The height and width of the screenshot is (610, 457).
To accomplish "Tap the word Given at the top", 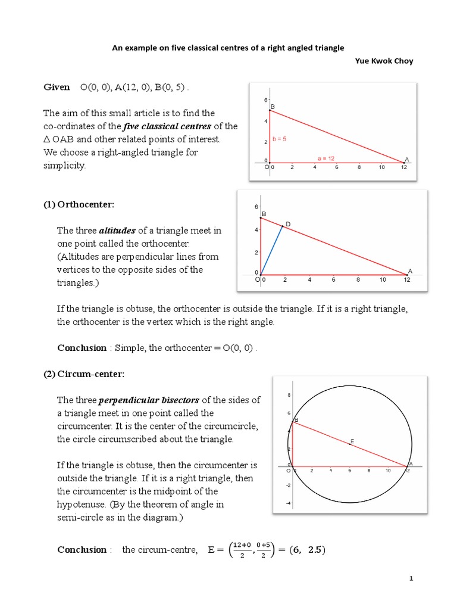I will tap(57, 88).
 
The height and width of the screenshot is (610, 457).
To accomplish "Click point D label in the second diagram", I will tap(288, 224).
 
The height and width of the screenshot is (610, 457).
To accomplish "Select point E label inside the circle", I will tap(352, 441).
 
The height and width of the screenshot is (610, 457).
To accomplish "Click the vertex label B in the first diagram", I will tap(273, 107).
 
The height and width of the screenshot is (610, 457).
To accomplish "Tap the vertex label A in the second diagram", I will tap(409, 269).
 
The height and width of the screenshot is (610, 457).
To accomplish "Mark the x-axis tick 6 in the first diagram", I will tap(337, 167).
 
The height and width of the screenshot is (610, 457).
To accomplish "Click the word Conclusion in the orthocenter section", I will tap(82, 347).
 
